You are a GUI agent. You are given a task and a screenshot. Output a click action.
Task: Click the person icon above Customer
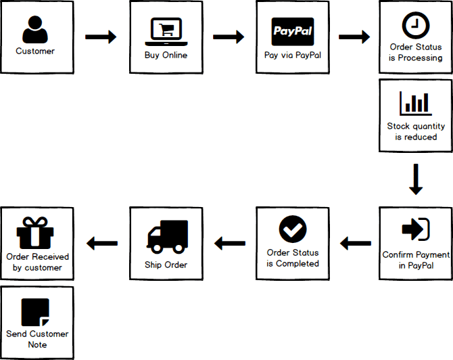tap(35, 30)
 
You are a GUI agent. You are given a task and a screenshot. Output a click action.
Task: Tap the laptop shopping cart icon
tap(166, 30)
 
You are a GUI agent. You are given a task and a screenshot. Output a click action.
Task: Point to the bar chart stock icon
tap(415, 102)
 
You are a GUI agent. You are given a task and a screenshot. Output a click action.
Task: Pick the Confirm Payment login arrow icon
tap(415, 230)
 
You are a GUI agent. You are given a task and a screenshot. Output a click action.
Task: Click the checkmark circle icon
tap(293, 230)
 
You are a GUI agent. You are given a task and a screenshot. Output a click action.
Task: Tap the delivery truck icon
tap(167, 235)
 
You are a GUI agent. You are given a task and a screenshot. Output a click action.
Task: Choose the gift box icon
tap(35, 233)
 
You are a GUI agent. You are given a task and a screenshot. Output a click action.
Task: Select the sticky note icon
tap(35, 311)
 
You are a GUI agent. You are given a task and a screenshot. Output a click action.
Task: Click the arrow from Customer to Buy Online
tap(101, 37)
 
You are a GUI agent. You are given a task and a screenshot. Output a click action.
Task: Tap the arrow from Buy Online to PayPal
tap(229, 37)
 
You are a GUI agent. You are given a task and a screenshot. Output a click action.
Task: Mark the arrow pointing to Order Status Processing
tap(354, 37)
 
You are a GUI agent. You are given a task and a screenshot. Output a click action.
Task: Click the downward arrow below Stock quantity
tap(416, 179)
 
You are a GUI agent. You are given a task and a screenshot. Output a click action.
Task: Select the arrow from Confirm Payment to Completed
tap(355, 242)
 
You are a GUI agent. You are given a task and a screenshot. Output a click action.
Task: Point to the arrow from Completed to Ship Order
tap(229, 242)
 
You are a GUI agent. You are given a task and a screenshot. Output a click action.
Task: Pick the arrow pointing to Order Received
tap(101, 242)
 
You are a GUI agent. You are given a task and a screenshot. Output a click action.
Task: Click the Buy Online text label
tap(166, 55)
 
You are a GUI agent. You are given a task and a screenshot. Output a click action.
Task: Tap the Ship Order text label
tap(166, 264)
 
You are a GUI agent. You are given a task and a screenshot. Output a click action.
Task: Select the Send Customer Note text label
tap(37, 339)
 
